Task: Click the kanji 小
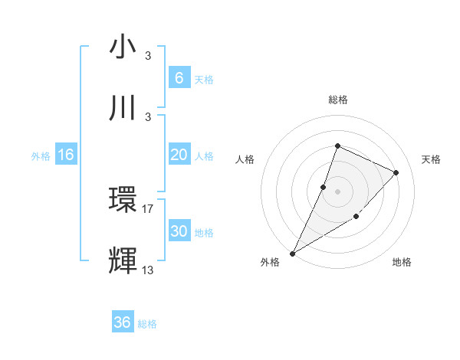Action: (x=123, y=47)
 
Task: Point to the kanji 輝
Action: (x=123, y=260)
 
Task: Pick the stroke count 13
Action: (x=148, y=270)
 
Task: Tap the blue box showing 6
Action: (x=179, y=77)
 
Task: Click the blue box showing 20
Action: (x=179, y=155)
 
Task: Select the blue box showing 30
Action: (x=179, y=231)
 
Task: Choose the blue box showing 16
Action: (x=65, y=155)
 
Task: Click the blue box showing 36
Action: (x=122, y=322)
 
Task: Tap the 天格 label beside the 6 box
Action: (x=204, y=79)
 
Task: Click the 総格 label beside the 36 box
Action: (x=147, y=324)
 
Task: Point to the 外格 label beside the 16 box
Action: (x=41, y=156)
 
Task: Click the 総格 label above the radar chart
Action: (x=337, y=100)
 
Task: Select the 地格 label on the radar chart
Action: (x=402, y=263)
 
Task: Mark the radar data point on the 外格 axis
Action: (x=292, y=253)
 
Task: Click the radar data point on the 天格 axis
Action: (x=396, y=172)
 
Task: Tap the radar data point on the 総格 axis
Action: (x=337, y=146)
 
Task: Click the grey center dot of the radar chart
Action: (x=337, y=191)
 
